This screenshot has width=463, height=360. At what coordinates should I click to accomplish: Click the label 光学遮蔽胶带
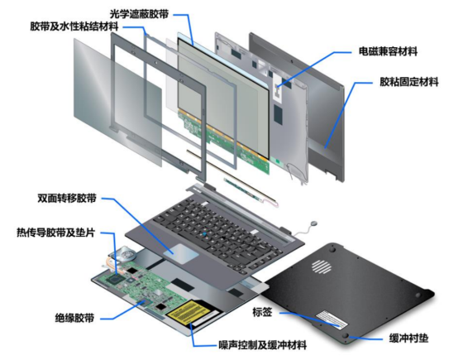point(139,14)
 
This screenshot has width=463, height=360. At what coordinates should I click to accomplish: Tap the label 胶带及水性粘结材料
point(74,26)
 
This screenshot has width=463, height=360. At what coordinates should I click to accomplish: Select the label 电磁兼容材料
point(388,51)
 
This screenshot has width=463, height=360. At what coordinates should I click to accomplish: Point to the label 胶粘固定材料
point(409,82)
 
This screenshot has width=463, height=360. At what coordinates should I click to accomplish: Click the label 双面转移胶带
point(67,198)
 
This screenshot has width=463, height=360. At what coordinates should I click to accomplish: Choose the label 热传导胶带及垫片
point(56,233)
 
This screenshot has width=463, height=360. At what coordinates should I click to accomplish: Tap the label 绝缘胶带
point(74,318)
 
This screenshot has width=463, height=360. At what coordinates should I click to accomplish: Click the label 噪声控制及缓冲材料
point(263,345)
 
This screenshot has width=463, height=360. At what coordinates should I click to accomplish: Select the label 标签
point(262,312)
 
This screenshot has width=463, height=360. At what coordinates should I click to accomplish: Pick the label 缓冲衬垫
point(408,338)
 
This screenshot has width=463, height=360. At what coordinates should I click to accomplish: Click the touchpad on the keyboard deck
point(181,253)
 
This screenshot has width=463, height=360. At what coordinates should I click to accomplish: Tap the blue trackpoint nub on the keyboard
point(204,234)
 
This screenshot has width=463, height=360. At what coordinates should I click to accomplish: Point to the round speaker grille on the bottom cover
point(321,266)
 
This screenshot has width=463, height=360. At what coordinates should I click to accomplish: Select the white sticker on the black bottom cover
point(332,319)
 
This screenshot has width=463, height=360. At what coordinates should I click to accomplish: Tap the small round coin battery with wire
point(313,223)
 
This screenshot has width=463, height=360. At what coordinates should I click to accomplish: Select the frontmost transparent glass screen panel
point(117,102)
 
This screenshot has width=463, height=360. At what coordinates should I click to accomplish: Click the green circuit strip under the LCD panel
point(225,142)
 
